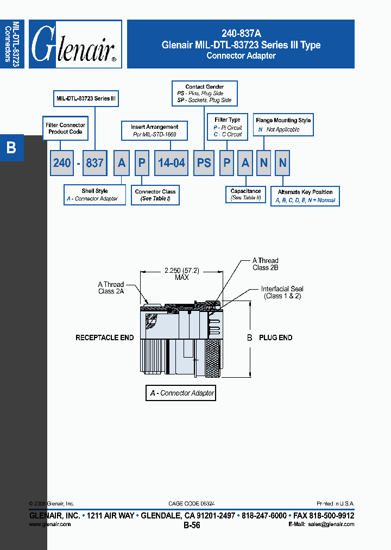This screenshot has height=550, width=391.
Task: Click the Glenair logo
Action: point(75,44)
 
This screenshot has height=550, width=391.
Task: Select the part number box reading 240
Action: point(61,162)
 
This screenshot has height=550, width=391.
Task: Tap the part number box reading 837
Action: point(94,162)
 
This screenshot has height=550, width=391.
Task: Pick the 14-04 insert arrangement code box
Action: point(171,162)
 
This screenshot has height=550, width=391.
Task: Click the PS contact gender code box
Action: point(204,162)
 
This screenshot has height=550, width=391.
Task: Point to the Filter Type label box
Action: point(228,127)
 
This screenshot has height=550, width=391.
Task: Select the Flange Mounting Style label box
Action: point(283,124)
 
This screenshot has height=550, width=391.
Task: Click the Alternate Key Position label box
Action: point(305,196)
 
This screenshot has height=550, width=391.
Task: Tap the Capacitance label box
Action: point(245,195)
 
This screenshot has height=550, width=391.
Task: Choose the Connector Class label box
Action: point(155,195)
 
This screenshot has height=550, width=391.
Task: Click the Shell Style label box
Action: point(94,195)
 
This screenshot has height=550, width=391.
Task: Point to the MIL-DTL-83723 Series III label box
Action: point(86,99)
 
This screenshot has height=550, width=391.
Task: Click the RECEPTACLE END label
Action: point(104,337)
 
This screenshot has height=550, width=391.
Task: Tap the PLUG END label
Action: point(275,337)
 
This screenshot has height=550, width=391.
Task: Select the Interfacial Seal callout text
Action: point(282,292)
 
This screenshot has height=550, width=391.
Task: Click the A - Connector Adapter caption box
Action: point(181,393)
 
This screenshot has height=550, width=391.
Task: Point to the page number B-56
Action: point(192,526)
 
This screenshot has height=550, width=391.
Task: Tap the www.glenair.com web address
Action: point(50,524)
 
